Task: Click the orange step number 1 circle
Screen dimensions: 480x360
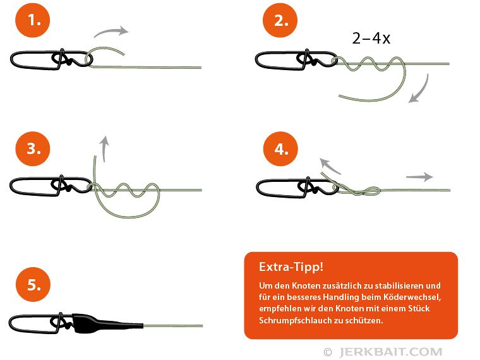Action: (x=32, y=20)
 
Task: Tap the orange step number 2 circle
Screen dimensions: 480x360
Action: (x=280, y=20)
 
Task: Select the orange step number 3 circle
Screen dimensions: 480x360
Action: (x=32, y=149)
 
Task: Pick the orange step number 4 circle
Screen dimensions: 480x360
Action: (x=280, y=149)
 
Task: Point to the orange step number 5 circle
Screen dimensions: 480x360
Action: (x=33, y=284)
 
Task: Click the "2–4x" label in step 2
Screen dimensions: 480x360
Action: (x=371, y=39)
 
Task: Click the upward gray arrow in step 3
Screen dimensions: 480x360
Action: (x=104, y=148)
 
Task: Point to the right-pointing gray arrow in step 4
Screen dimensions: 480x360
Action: (x=419, y=177)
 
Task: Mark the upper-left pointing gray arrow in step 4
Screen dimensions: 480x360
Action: (x=330, y=165)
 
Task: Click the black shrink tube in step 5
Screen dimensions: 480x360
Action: (x=108, y=323)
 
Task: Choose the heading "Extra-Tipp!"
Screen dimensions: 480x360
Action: (x=291, y=267)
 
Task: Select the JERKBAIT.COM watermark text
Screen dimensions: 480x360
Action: (x=390, y=352)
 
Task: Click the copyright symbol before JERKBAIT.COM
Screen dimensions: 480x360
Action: (x=328, y=352)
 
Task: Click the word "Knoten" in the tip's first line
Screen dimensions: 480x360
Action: (x=306, y=285)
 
